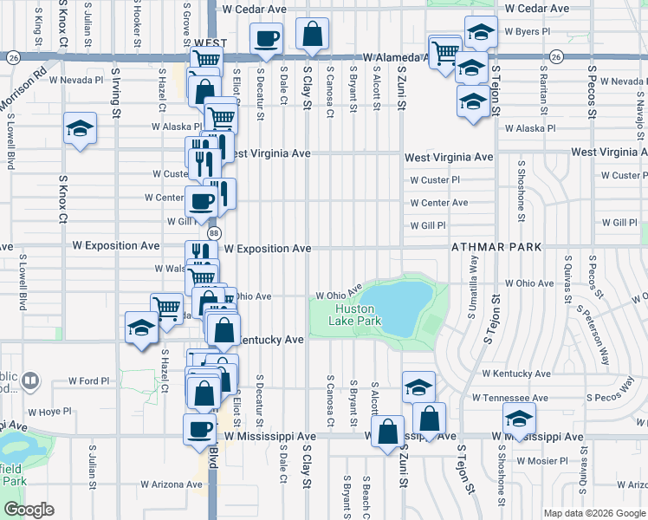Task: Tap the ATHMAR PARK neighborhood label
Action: click(x=496, y=247)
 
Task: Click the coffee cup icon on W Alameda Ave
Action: click(x=266, y=38)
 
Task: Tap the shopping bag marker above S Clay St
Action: click(x=312, y=35)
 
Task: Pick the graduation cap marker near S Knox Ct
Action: click(x=80, y=130)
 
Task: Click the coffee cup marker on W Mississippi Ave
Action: click(x=199, y=428)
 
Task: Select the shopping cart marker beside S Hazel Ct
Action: click(x=165, y=307)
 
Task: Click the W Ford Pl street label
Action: click(x=89, y=380)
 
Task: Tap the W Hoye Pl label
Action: click(x=49, y=412)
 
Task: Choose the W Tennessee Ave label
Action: click(x=509, y=398)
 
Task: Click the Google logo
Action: click(x=29, y=510)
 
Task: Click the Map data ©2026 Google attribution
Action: click(x=594, y=513)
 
